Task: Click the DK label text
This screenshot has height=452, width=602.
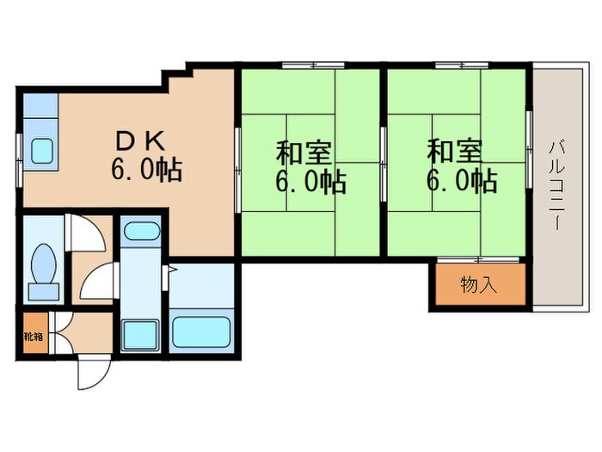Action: coord(140,141)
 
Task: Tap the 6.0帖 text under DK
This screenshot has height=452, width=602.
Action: coord(146,169)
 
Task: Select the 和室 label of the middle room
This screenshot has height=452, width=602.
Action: coord(304,153)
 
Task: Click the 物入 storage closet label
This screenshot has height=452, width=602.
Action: coord(479,285)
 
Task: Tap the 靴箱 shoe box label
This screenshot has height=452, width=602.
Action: coord(34,337)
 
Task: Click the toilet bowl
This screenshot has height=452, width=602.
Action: coord(43,264)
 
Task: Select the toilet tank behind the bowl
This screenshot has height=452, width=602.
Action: coord(44,292)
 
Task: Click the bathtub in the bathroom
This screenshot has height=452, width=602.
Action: coord(200,331)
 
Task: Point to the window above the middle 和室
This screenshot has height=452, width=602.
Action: coord(313,65)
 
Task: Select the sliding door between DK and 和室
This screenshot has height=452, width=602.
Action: coord(237,170)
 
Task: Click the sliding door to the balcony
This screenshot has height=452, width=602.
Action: coord(529,150)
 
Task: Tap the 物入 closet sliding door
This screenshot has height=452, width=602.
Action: coord(478,260)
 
